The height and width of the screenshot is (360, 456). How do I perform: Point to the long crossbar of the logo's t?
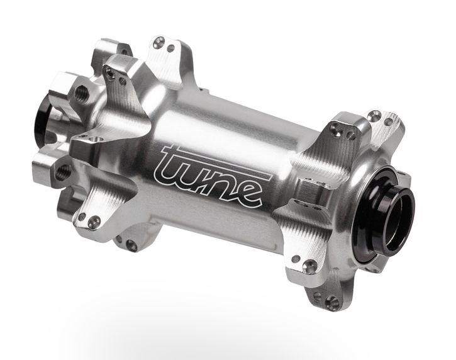(216, 160)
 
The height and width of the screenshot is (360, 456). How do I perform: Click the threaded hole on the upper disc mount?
(81, 93)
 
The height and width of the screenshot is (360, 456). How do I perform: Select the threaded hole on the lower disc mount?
(62, 171)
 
